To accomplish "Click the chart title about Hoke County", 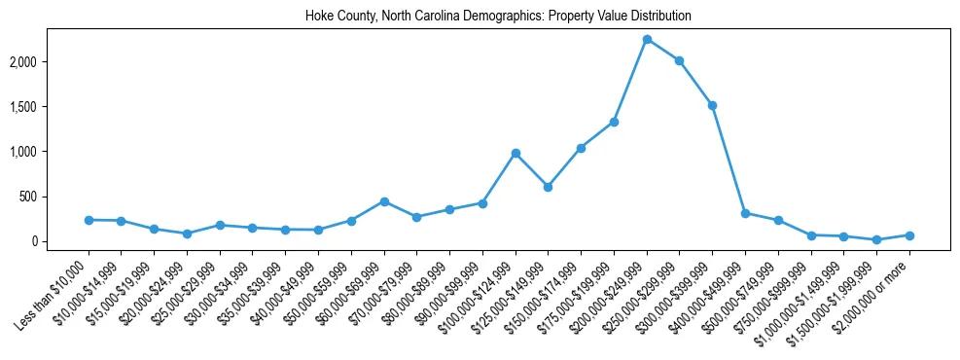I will tap(498, 16).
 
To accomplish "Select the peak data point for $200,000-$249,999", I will tap(647, 39).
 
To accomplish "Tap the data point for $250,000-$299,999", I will tap(679, 60).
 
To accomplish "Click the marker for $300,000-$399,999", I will tap(712, 105).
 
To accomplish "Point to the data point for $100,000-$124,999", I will tap(516, 153).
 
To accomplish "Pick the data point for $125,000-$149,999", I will tap(548, 187).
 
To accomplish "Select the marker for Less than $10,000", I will tap(89, 220).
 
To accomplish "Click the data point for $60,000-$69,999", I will tap(384, 201).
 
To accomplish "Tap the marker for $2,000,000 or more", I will tap(909, 235).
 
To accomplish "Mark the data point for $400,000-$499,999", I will tap(745, 213).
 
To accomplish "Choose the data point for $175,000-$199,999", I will tap(614, 122).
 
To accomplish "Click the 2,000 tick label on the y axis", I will tap(52, 62).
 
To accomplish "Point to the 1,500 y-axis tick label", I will tap(52, 107).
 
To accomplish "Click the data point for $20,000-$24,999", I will tap(187, 234).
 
